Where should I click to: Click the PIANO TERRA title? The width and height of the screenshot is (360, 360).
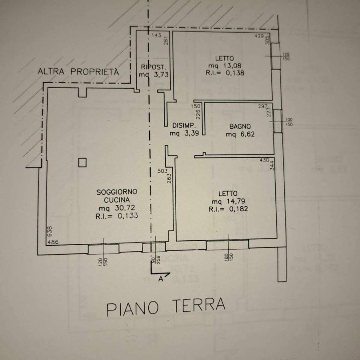coord(166,307)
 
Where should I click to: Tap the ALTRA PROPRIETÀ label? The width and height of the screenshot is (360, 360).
coord(78,72)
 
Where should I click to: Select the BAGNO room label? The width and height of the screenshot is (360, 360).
coord(240,126)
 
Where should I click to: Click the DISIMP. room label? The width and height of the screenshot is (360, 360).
coord(183,125)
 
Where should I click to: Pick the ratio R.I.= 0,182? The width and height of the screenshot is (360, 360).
coord(228,209)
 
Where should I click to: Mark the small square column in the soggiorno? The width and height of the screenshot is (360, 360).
coord(82,162)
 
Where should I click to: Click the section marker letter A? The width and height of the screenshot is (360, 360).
coord(161,278)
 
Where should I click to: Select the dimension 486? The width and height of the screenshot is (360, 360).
coord(53,242)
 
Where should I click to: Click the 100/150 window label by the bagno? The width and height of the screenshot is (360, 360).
coord(289,122)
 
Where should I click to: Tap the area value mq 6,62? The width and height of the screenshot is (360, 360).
coord(240,133)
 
